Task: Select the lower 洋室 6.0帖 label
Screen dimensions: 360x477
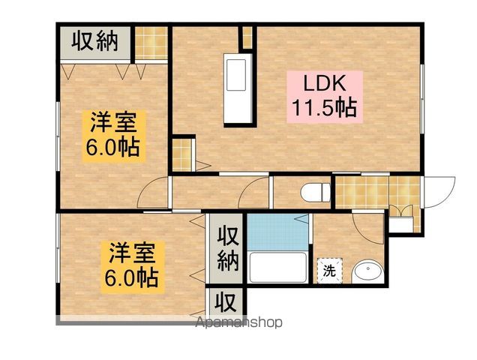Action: pos(130,264)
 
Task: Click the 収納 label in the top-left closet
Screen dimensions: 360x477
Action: pos(96,41)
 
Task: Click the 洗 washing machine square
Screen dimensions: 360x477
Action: pos(330,271)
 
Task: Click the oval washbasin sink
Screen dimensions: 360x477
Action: pos(367,271)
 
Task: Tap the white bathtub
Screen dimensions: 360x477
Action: pos(277,265)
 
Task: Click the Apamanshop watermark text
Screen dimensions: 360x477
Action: pos(238,323)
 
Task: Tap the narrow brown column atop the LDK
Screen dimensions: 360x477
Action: pos(245,37)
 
